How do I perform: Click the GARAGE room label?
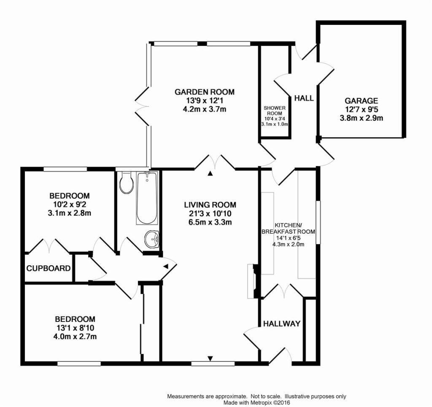(x=361, y=101)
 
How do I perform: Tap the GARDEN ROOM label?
(x=205, y=92)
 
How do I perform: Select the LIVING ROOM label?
(x=210, y=205)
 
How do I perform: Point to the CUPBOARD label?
(x=49, y=268)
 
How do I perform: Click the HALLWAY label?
(x=281, y=323)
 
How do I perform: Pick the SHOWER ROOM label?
(x=275, y=111)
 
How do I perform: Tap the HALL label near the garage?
(x=304, y=98)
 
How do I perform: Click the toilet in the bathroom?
(x=127, y=183)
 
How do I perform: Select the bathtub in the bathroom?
(x=147, y=198)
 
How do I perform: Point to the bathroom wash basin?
(x=152, y=239)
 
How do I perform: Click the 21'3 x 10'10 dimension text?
(x=210, y=213)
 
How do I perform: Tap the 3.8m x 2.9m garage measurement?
(x=361, y=118)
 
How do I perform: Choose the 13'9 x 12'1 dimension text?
(x=205, y=100)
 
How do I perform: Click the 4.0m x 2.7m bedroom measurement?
(x=76, y=337)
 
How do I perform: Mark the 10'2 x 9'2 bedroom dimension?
(x=70, y=205)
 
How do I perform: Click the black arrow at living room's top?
(x=210, y=173)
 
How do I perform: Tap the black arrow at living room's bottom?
(x=210, y=358)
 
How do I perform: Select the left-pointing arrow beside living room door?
(x=165, y=266)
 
